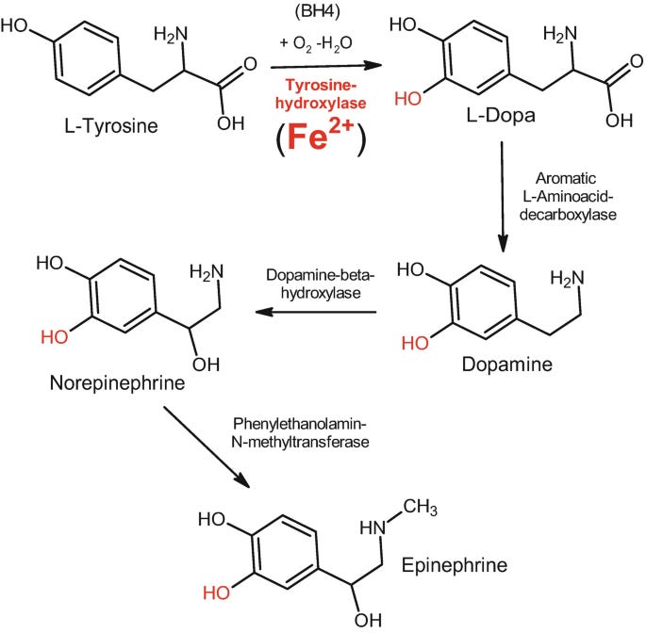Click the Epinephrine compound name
pos(455,565)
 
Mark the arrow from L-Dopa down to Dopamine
pos(505,198)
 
